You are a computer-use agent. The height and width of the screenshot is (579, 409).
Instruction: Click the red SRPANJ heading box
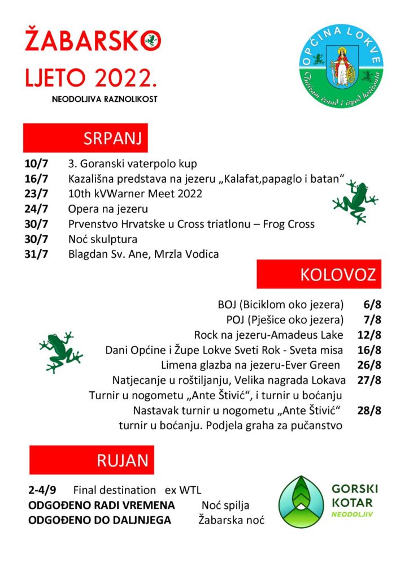(x=85, y=139)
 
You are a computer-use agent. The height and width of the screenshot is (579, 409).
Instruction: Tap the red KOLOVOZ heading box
(x=319, y=274)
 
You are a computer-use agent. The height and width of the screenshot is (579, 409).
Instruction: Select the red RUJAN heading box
(x=92, y=460)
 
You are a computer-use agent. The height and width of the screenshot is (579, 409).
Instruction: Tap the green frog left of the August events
(x=60, y=352)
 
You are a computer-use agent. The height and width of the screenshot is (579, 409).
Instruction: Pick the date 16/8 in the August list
(x=369, y=350)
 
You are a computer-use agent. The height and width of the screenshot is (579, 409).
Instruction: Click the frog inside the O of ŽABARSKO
(x=151, y=40)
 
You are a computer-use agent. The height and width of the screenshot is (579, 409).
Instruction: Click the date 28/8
(x=369, y=411)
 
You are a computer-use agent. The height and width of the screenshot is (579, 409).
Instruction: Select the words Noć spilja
(x=225, y=505)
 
